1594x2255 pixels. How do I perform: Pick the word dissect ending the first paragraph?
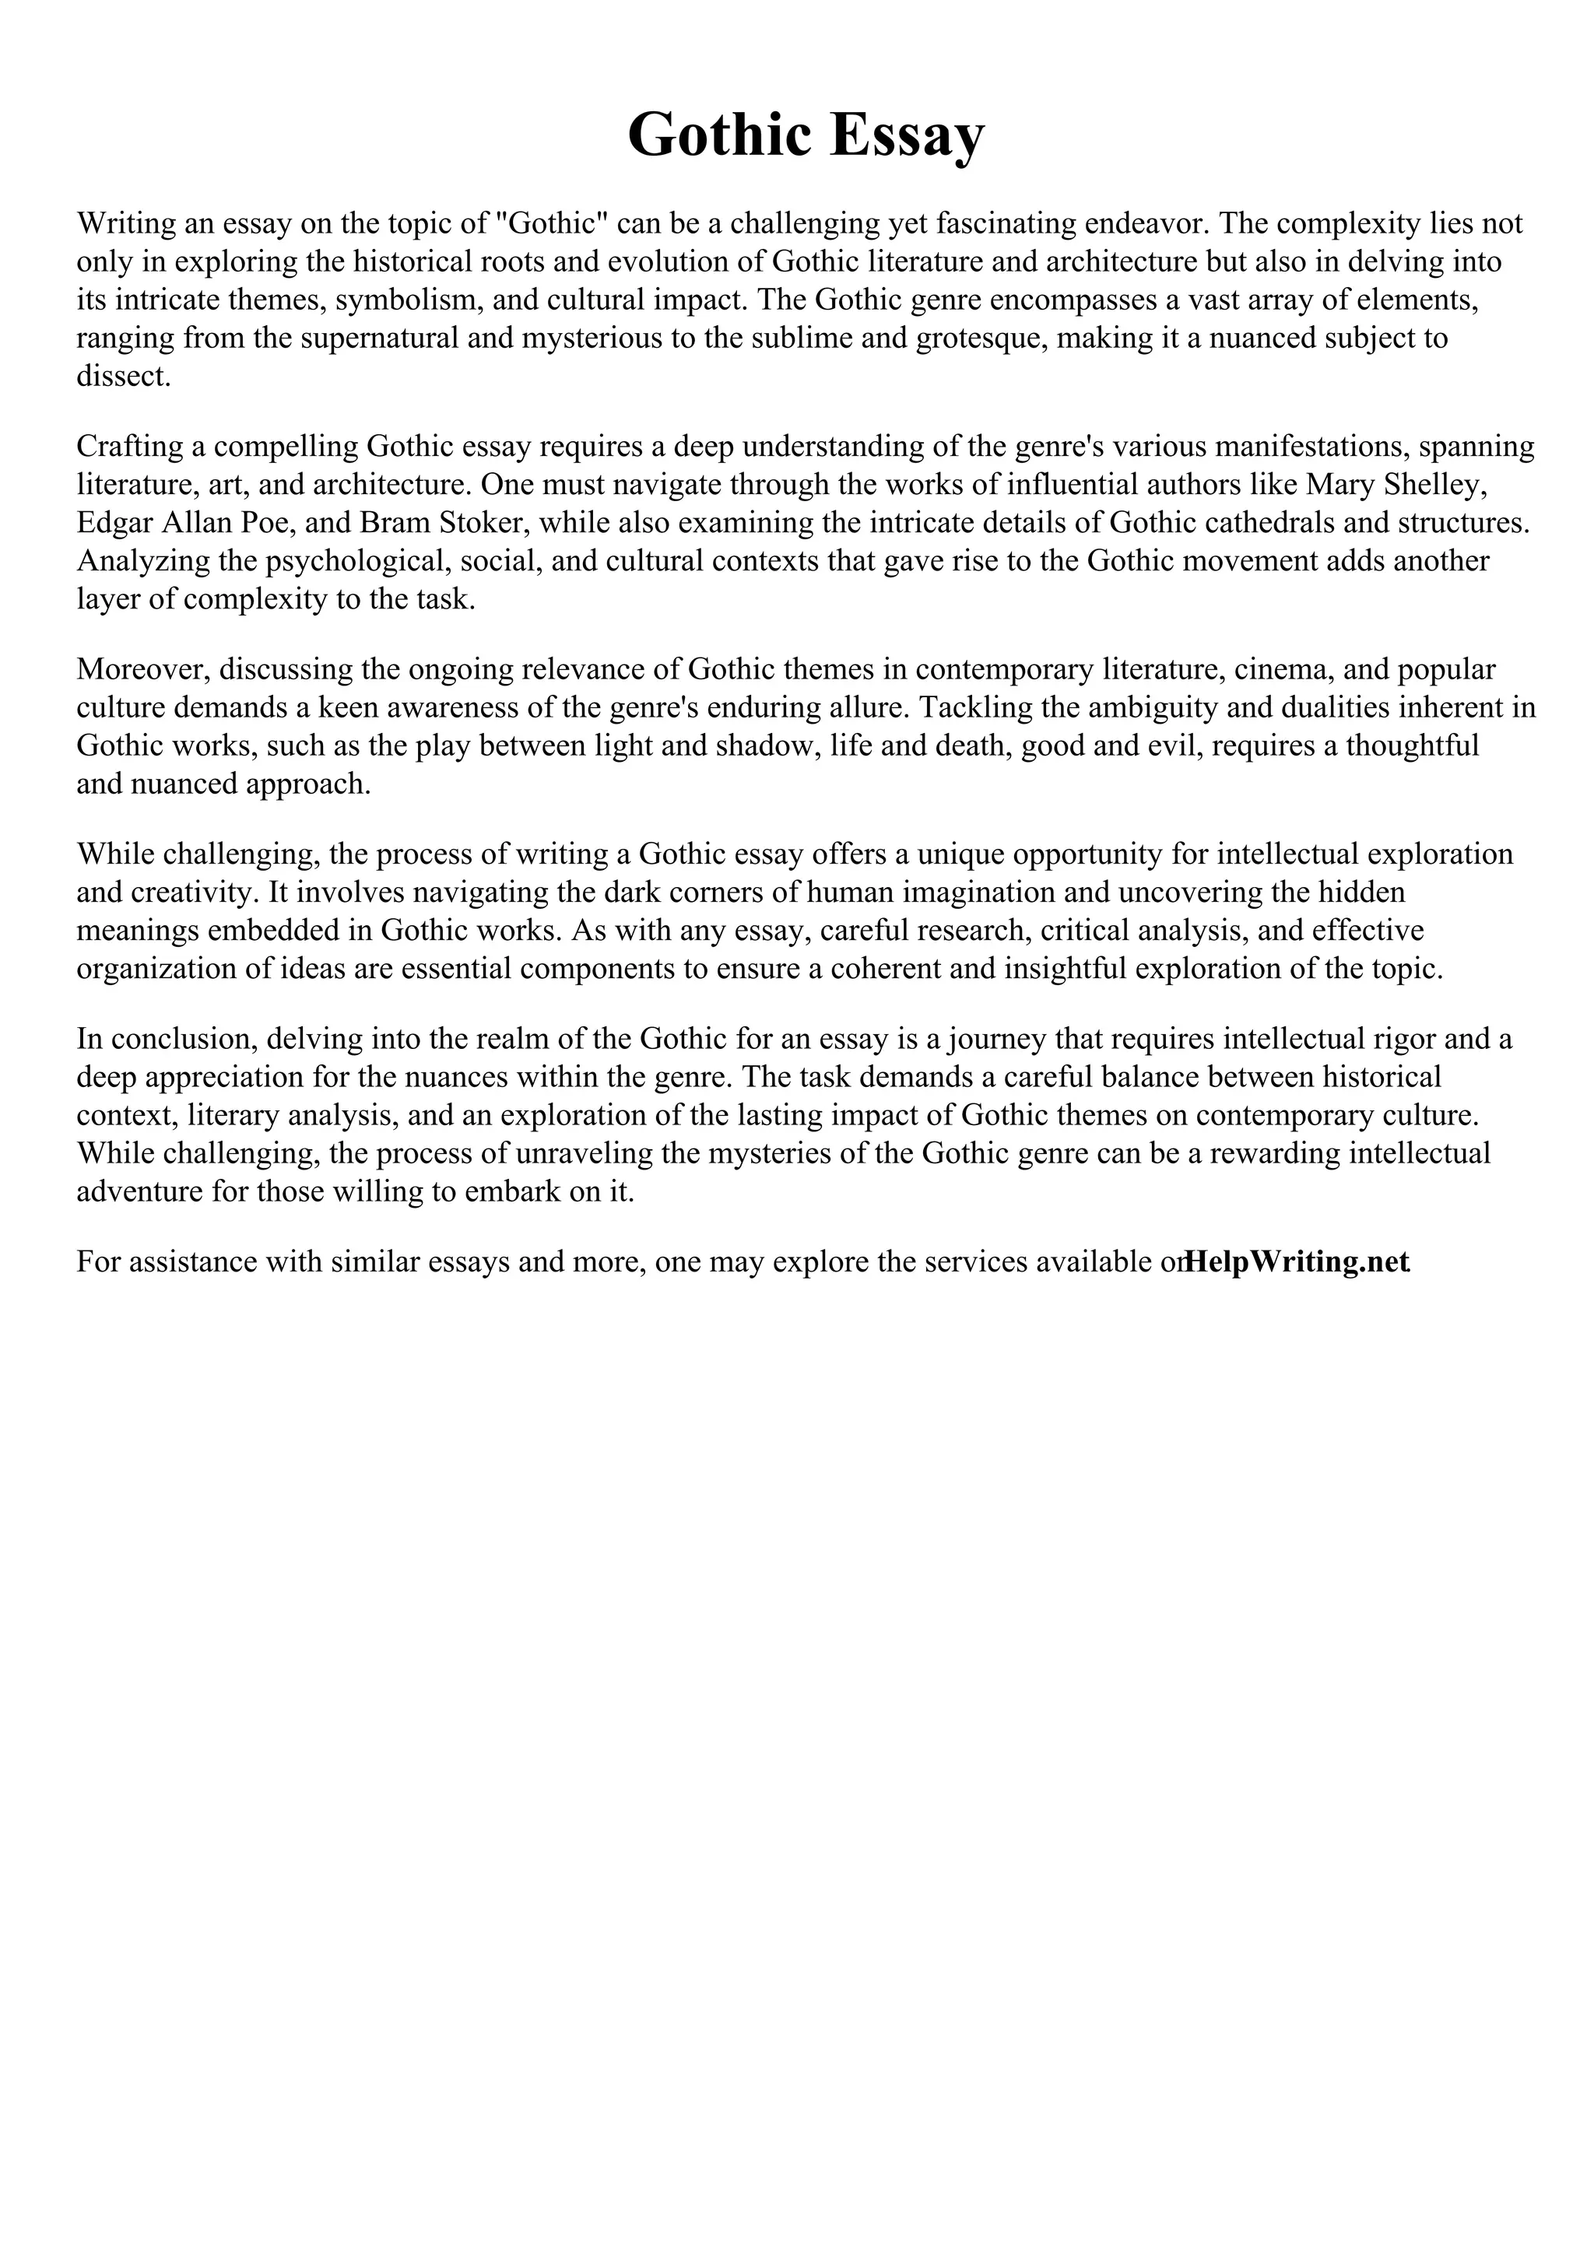coord(123,376)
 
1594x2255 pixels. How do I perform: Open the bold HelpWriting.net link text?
coord(1297,1262)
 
